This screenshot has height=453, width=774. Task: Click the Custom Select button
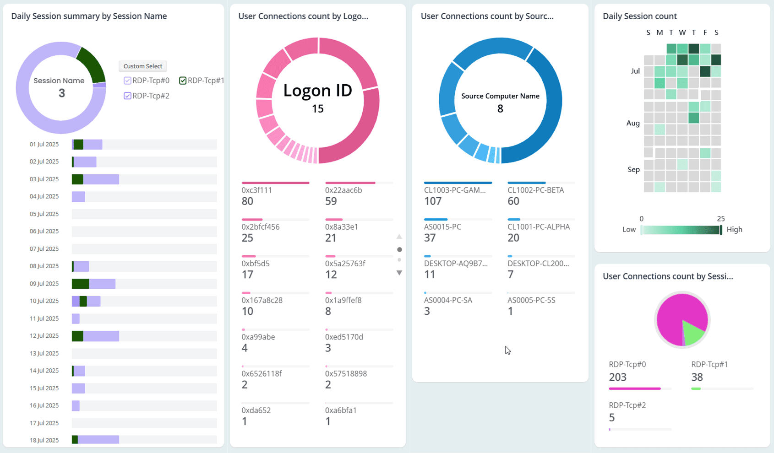tap(142, 66)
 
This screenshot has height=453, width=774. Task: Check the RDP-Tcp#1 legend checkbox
tap(183, 81)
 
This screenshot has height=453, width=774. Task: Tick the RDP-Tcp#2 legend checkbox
tap(127, 96)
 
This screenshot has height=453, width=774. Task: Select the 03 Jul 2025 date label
tap(44, 179)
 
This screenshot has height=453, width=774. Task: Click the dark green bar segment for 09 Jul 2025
tap(80, 284)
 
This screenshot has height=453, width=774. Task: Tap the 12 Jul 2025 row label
tap(44, 336)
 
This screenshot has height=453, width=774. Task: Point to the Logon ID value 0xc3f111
tap(256, 190)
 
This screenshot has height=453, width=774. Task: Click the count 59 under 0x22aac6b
tap(331, 201)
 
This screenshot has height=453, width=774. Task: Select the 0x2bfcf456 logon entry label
tap(260, 227)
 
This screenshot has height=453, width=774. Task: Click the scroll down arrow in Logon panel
tap(399, 273)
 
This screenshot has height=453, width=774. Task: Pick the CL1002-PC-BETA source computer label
tap(535, 190)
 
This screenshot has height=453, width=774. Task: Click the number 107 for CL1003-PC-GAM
tap(432, 201)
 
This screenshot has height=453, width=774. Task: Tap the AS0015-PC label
tap(442, 227)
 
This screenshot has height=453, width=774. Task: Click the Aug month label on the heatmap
tap(632, 123)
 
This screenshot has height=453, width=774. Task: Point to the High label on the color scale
tap(734, 230)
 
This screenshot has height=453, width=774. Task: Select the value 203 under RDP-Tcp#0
tap(617, 377)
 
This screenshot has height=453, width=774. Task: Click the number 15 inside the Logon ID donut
tap(317, 109)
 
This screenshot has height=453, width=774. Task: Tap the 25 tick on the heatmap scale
tap(721, 219)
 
